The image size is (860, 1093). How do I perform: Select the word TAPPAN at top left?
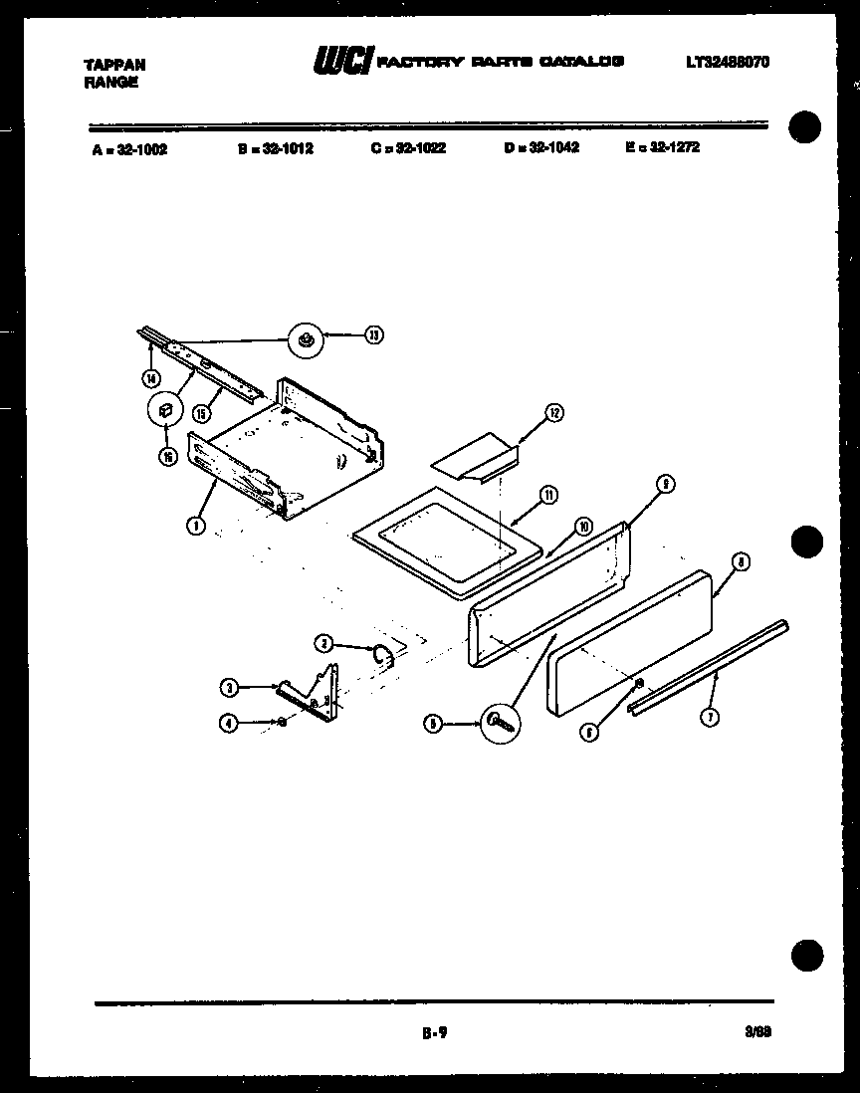coord(114,65)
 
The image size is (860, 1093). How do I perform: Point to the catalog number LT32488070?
coord(727,63)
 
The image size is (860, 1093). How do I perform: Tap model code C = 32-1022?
coord(408,148)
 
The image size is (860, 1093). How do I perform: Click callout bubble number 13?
coord(373,335)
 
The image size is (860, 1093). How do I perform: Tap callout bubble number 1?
coord(197,525)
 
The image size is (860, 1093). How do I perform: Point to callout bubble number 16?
coord(166,456)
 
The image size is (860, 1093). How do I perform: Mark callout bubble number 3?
coord(230,687)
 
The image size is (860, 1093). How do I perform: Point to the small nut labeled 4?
coord(284,722)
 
